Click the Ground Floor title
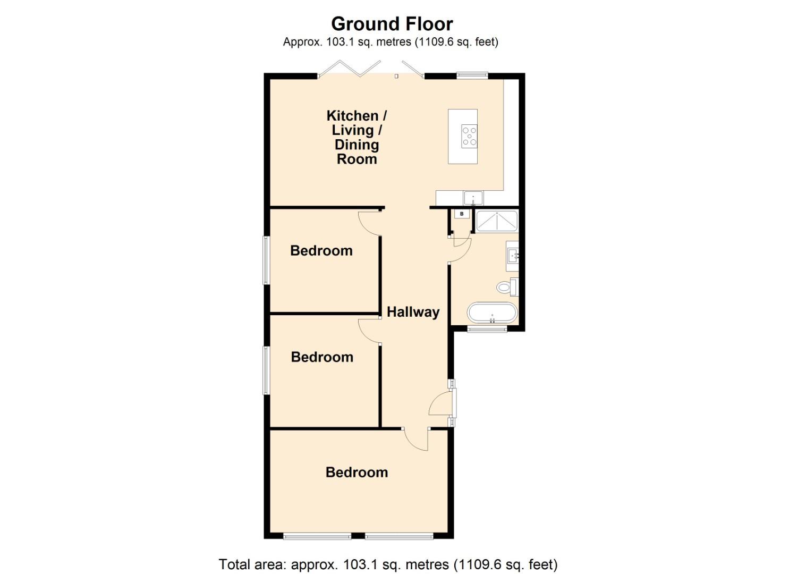coord(392,24)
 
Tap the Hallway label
coord(413,312)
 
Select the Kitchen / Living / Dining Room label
coord(357,137)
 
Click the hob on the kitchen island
coord(469,136)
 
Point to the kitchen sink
coord(472,198)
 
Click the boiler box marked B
coord(462,214)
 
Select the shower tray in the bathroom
coord(497,221)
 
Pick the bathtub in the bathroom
coord(492,313)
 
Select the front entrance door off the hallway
coord(441,403)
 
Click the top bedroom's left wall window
coord(266,260)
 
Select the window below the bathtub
coord(487,330)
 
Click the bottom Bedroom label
coord(357,472)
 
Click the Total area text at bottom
coord(388,564)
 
